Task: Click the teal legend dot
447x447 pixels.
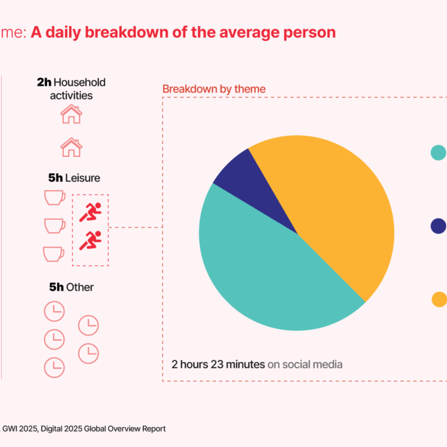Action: pyautogui.click(x=438, y=152)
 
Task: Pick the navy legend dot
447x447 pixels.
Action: pyautogui.click(x=438, y=226)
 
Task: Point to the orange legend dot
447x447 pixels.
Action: pyautogui.click(x=439, y=299)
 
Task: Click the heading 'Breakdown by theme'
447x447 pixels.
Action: pyautogui.click(x=214, y=89)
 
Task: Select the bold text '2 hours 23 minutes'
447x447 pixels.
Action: pyautogui.click(x=218, y=364)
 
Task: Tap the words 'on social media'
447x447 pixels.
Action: pyautogui.click(x=305, y=364)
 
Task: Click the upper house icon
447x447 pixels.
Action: pyautogui.click(x=71, y=114)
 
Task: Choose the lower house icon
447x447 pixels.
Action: pyautogui.click(x=71, y=147)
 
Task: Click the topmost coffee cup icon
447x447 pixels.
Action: pyautogui.click(x=55, y=197)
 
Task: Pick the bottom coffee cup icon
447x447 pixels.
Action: pyautogui.click(x=53, y=253)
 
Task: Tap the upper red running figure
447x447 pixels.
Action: pyautogui.click(x=91, y=212)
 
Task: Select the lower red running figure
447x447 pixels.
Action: pyautogui.click(x=91, y=240)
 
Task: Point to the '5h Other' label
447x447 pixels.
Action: pyautogui.click(x=71, y=287)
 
